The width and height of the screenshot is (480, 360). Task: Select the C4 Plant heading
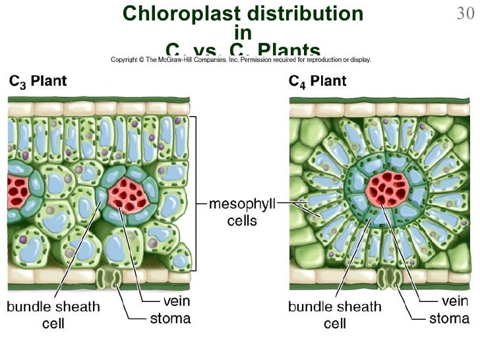coord(318,82)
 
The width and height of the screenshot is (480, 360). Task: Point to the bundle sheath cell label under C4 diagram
coord(335,315)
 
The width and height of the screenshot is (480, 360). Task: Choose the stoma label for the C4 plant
coord(450,319)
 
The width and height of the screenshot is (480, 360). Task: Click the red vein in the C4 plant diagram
coord(388,188)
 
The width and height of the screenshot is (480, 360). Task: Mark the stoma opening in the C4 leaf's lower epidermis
coord(388,278)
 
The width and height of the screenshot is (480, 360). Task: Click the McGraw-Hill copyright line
coord(241,59)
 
